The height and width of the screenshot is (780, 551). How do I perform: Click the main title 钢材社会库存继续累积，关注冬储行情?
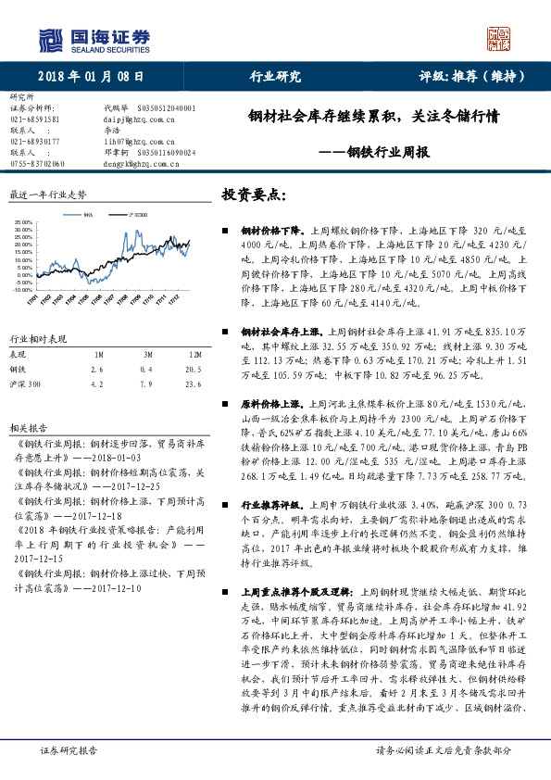[374, 118]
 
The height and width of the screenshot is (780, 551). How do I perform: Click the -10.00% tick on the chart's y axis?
[21, 290]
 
